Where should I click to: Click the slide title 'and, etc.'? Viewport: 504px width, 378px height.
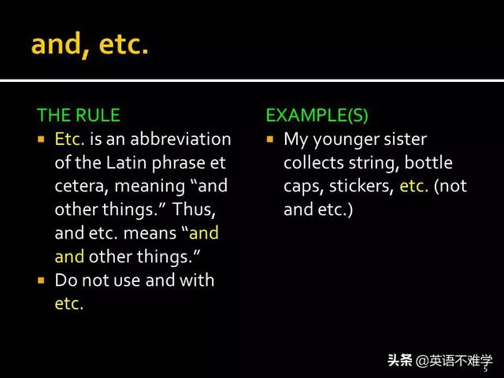coord(90,46)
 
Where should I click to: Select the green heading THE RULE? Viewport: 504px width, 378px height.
coord(79,115)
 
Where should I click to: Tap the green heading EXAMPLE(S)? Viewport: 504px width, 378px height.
coord(317,115)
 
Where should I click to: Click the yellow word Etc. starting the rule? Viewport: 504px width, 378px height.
coord(69,139)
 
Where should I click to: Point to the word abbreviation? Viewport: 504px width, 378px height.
coord(180,139)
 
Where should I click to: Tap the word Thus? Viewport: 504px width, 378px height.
coord(194,209)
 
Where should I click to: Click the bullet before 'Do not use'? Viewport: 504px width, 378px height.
coord(41,280)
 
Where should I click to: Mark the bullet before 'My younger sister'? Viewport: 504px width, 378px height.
coord(269,139)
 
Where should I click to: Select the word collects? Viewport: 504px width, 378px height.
coord(313,163)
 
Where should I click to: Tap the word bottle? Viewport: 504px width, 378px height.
coord(428,163)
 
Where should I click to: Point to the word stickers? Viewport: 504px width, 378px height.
coord(361,187)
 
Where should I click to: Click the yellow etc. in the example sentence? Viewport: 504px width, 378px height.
coord(413,187)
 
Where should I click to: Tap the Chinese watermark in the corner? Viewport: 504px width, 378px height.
coord(439,361)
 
